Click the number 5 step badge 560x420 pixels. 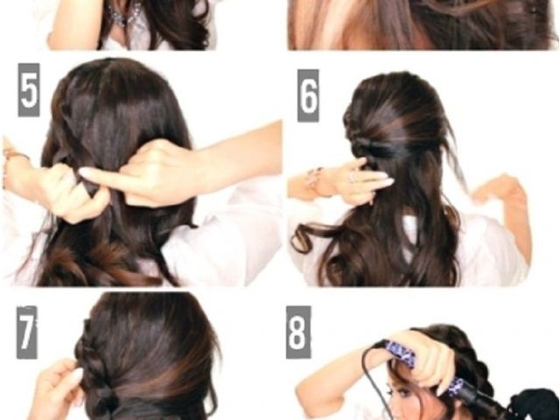pos(29,90)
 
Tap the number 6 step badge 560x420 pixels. pos(308,95)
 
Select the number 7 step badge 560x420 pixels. pos(27,332)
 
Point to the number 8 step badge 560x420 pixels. pos(298,332)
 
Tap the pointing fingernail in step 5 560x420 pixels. pos(87,173)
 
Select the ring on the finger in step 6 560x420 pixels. pos(353,176)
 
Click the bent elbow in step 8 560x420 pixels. pos(304,389)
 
